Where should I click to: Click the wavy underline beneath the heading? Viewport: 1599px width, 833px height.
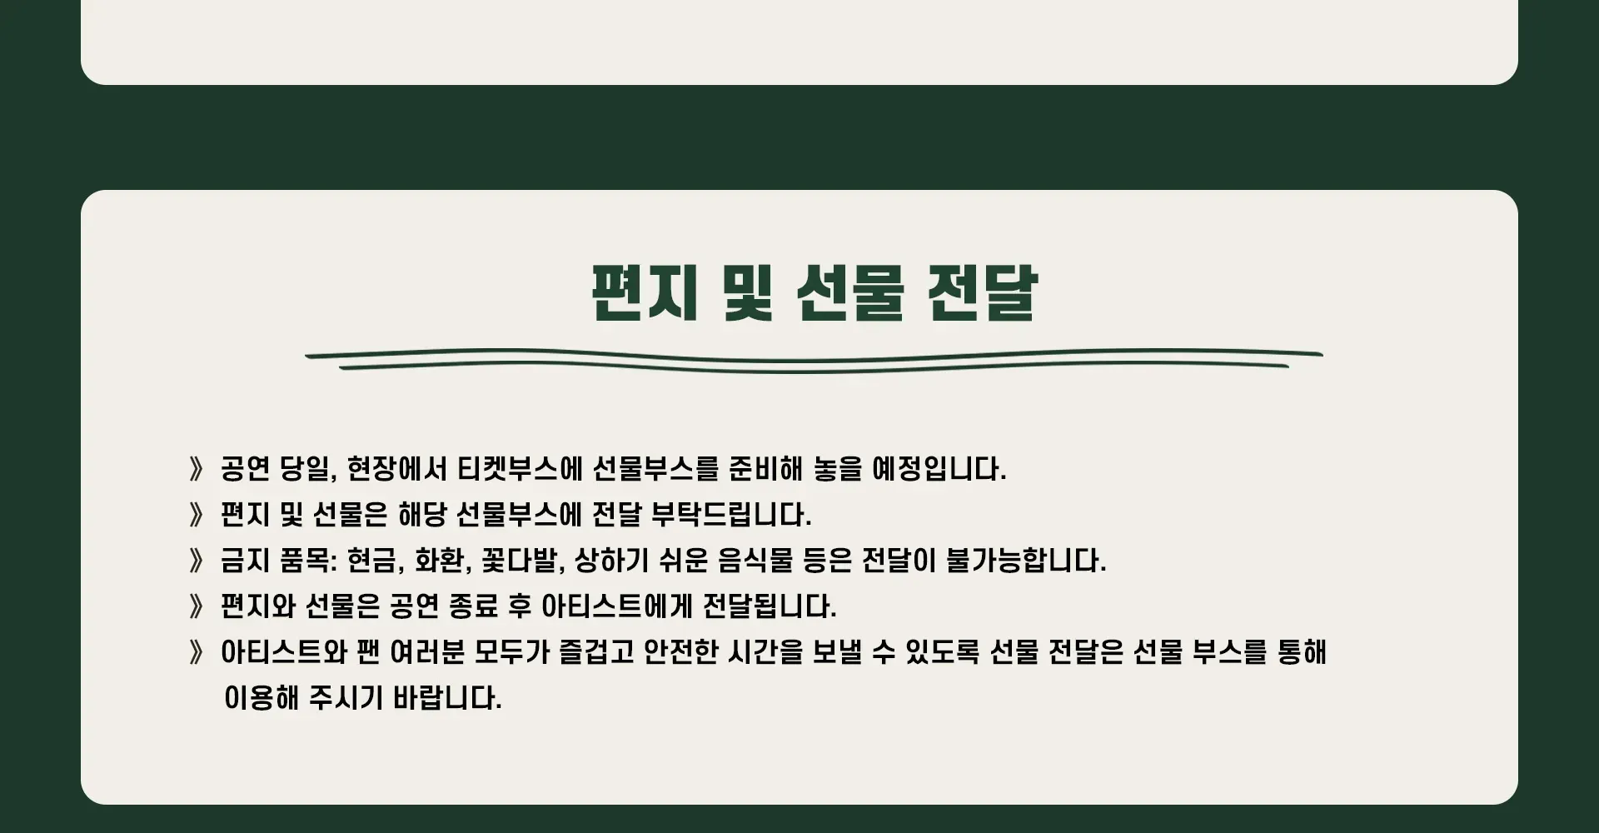click(814, 361)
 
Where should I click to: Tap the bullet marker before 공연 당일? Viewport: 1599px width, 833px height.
click(197, 469)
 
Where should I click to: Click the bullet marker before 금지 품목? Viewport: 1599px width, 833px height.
click(197, 561)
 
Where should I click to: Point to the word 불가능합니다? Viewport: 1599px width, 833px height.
click(1026, 561)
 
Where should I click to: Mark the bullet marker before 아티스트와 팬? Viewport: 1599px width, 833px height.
click(197, 652)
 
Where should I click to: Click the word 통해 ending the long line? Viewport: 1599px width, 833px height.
click(1302, 652)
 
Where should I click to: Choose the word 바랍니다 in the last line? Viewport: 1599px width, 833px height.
click(447, 698)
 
